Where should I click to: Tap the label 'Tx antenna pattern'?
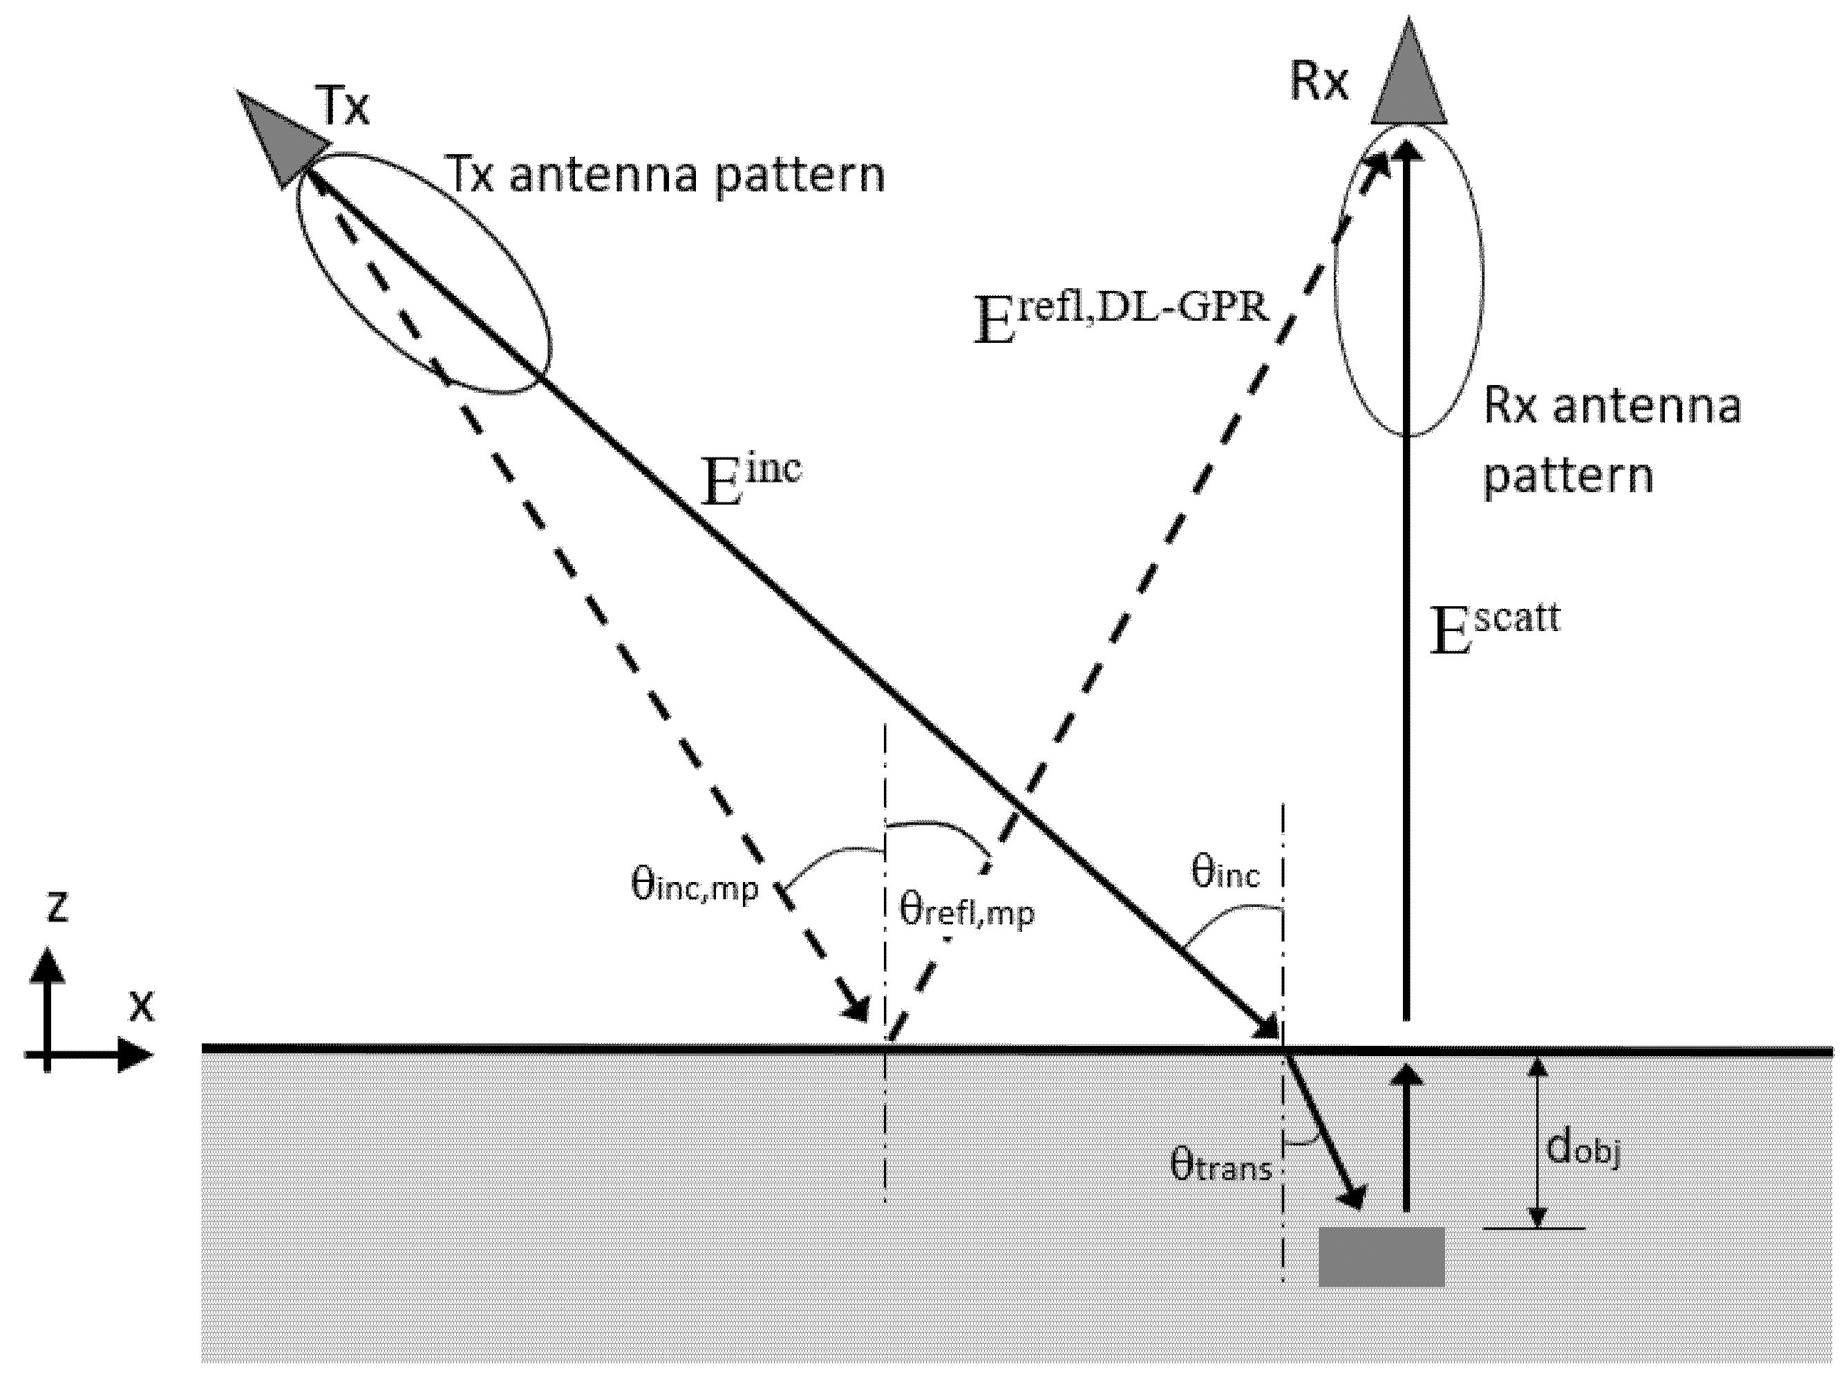click(666, 176)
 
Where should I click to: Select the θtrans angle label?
click(1220, 1165)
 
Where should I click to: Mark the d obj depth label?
click(1583, 1150)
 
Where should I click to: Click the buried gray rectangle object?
click(1381, 1256)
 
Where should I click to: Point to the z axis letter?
click(57, 906)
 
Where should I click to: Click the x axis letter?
click(142, 1008)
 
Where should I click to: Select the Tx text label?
click(343, 107)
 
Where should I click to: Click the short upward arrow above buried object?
click(1406, 1135)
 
